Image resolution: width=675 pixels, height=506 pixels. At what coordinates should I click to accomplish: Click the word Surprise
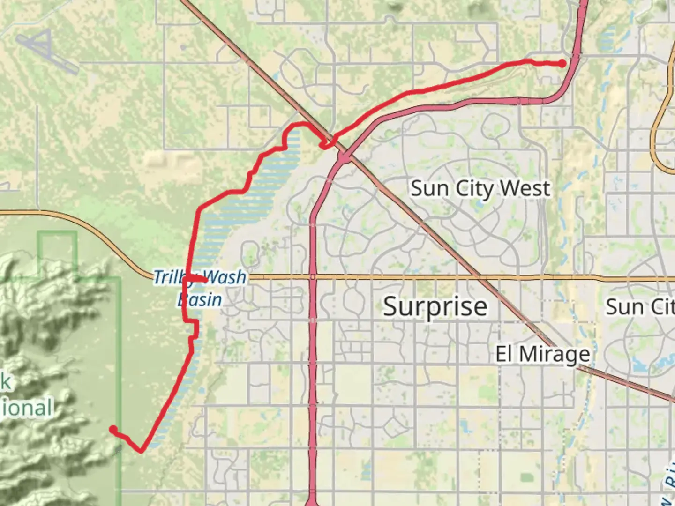pyautogui.click(x=435, y=307)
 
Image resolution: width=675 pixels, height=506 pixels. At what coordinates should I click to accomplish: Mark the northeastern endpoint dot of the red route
pyautogui.click(x=562, y=64)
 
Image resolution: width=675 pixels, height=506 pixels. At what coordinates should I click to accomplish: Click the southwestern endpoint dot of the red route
pyautogui.click(x=113, y=429)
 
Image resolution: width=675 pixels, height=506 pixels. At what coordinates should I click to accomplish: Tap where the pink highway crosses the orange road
pyautogui.click(x=313, y=278)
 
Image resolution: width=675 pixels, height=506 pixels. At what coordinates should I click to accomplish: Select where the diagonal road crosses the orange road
pyautogui.click(x=479, y=278)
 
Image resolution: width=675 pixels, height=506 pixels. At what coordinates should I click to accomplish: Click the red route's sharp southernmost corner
pyautogui.click(x=141, y=451)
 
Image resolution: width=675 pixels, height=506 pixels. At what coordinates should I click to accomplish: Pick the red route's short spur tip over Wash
pyautogui.click(x=206, y=280)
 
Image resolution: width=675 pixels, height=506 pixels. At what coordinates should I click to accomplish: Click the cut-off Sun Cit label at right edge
pyautogui.click(x=640, y=307)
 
